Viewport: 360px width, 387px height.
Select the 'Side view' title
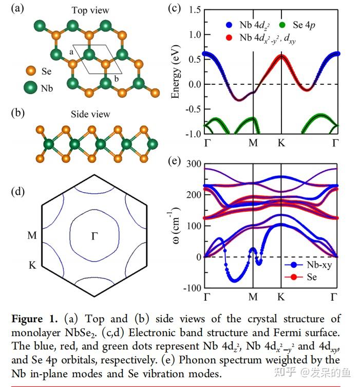(90, 114)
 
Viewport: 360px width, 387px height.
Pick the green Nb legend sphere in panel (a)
(31, 88)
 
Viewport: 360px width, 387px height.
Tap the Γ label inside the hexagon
(94, 236)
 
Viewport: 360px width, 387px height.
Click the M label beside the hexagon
(32, 236)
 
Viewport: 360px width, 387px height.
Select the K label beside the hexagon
(32, 266)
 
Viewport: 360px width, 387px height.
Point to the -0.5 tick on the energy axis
(191, 109)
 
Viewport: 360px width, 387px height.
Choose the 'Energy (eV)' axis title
(176, 71)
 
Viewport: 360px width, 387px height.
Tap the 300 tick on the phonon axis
(193, 163)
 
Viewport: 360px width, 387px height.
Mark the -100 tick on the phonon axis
(191, 288)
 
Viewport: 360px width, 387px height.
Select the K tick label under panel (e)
(281, 297)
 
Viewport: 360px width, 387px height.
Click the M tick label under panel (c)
(253, 143)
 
